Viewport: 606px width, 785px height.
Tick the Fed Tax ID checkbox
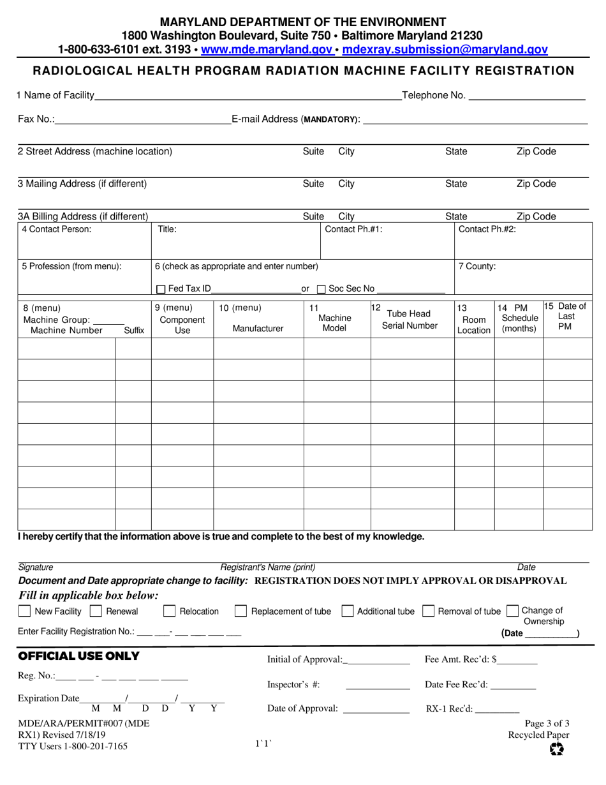[x=161, y=289]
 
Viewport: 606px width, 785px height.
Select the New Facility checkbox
[x=24, y=611]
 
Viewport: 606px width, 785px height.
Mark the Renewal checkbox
[x=96, y=611]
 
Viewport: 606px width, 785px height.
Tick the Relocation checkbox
[x=170, y=611]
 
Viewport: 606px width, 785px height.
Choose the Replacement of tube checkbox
[x=241, y=611]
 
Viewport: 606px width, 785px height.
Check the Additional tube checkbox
[x=348, y=611]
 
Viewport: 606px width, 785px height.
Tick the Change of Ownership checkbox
[x=512, y=611]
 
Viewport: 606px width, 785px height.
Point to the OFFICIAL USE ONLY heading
[x=79, y=656]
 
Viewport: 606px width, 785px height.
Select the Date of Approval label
[x=302, y=708]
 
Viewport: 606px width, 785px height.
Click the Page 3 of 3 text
[x=547, y=724]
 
